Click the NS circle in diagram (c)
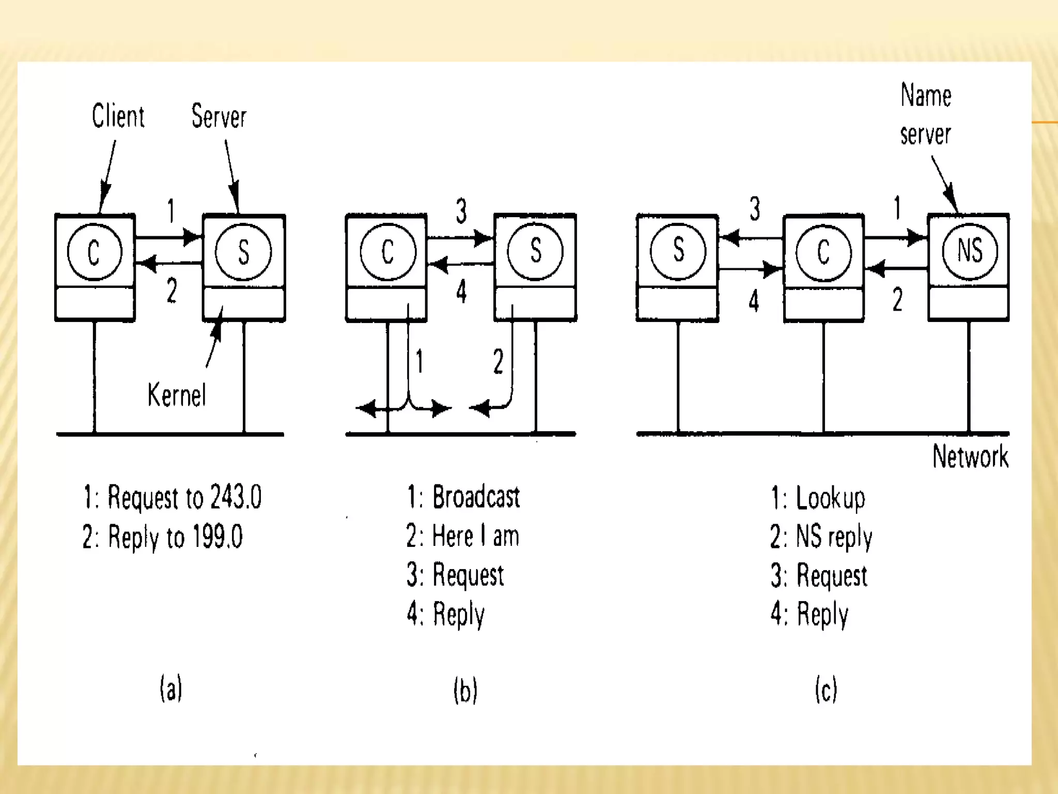(x=970, y=251)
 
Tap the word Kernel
(x=177, y=395)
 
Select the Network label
(x=970, y=456)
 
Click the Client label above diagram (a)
(x=118, y=116)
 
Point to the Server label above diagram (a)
(x=219, y=116)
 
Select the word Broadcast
(x=476, y=497)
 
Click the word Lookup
(x=830, y=498)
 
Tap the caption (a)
(x=171, y=689)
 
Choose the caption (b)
(x=465, y=690)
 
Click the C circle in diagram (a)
(x=95, y=252)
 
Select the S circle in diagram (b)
(x=535, y=252)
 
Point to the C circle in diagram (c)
(x=823, y=252)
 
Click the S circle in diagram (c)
(x=678, y=251)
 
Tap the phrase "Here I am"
(x=475, y=536)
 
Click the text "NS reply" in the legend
(x=834, y=537)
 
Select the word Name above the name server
(x=926, y=96)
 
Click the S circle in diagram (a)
(x=243, y=252)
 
